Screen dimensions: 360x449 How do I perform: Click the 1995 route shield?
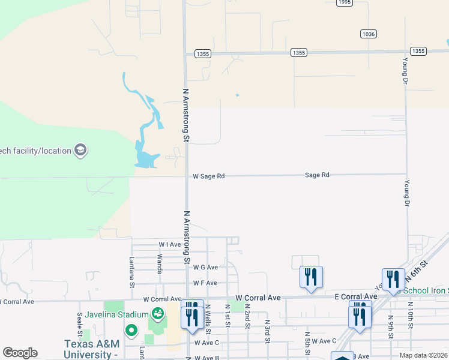click(x=344, y=2)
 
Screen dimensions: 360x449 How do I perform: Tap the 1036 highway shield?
click(x=369, y=34)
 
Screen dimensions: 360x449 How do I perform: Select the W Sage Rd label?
click(x=208, y=176)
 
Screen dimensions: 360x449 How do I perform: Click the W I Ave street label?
click(x=169, y=245)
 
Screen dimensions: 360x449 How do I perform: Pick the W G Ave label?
click(x=205, y=267)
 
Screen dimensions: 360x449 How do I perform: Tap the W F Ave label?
click(x=205, y=283)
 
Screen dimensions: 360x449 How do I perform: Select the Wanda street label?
click(x=160, y=264)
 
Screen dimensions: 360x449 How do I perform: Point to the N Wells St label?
click(x=208, y=319)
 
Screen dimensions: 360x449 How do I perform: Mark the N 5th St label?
click(x=307, y=343)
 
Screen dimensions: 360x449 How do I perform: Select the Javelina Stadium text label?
click(x=116, y=314)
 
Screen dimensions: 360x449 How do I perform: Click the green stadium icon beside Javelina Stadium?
click(x=158, y=314)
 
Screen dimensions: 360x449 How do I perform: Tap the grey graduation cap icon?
click(x=80, y=150)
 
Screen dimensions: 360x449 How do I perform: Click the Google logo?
click(x=20, y=353)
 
